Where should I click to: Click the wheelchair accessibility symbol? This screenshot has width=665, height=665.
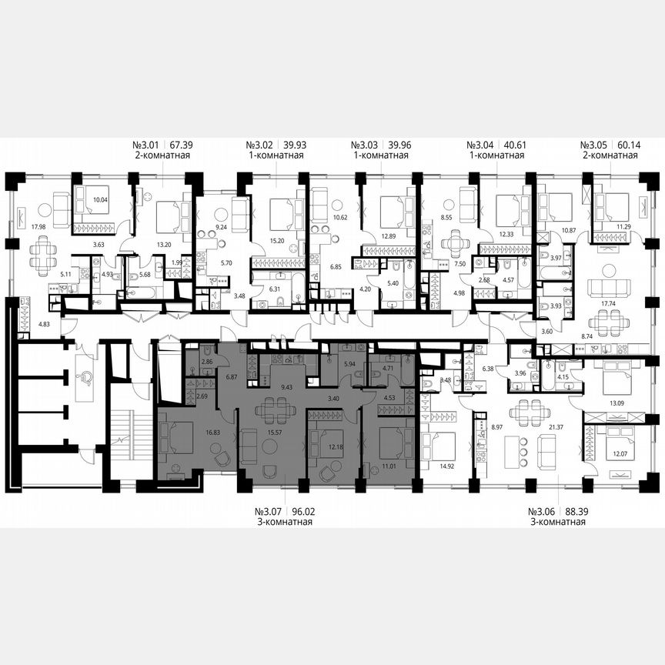(x=86, y=376)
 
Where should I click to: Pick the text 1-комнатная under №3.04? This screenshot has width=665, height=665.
(x=496, y=155)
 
